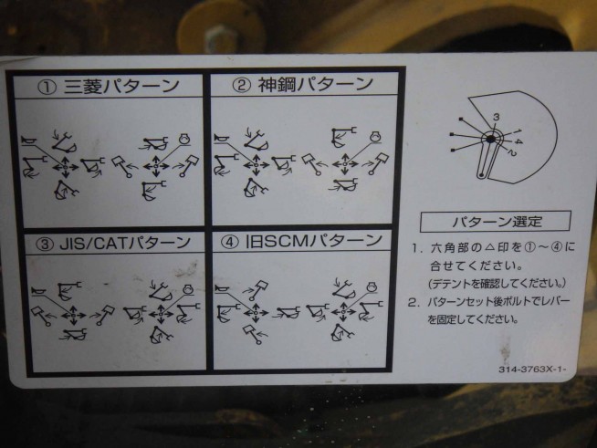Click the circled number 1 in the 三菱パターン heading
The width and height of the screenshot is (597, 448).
(47, 88)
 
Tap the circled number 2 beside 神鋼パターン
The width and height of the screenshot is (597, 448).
(242, 85)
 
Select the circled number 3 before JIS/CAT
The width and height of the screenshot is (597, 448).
(45, 244)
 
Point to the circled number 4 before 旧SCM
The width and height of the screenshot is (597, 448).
(230, 242)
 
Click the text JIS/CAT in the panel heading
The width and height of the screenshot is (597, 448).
(93, 244)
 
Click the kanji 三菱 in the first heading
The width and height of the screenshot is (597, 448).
(83, 87)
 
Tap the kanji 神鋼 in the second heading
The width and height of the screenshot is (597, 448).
(278, 85)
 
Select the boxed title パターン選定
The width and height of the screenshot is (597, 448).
(496, 221)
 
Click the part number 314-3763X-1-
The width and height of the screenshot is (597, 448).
(533, 370)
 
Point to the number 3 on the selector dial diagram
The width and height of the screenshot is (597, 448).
(496, 117)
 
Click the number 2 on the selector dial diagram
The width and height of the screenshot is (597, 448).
(511, 153)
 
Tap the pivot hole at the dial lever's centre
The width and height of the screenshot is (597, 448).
(491, 139)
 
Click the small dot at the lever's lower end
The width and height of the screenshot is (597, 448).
(482, 175)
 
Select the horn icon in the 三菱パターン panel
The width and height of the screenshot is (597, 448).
(28, 141)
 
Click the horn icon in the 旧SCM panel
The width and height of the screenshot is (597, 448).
(223, 290)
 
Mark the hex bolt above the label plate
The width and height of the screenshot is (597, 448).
(219, 38)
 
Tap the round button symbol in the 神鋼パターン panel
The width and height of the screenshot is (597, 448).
(376, 137)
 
